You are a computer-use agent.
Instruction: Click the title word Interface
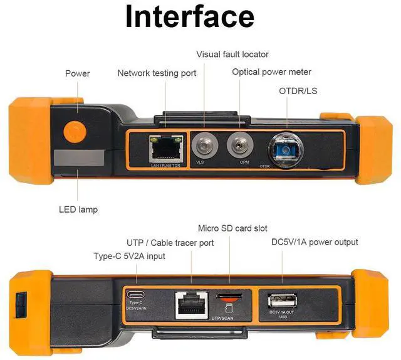(190, 16)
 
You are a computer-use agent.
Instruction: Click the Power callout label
(78, 73)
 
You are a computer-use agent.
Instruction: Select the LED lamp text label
(79, 209)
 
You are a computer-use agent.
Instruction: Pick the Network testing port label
(157, 73)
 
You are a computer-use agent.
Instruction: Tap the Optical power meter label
(271, 72)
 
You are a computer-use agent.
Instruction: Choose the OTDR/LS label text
(298, 91)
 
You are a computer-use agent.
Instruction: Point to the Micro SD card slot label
(232, 228)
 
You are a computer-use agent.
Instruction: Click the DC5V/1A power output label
(315, 241)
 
